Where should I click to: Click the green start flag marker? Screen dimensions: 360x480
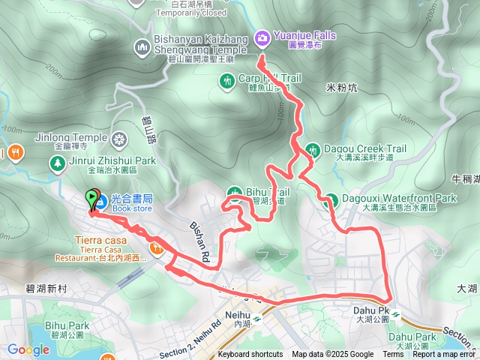coord(93,199)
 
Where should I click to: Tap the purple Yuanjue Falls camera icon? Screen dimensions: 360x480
coord(262,36)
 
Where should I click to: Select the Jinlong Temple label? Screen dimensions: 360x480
coord(70,137)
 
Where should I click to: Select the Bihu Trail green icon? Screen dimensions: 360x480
coord(234,192)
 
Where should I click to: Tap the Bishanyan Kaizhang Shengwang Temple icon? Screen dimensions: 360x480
coord(142,49)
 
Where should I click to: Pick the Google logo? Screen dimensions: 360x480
coord(28,349)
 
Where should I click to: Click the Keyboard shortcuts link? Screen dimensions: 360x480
coord(251,355)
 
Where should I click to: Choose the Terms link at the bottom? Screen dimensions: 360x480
coord(393,355)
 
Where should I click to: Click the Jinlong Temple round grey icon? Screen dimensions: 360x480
coord(119,139)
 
